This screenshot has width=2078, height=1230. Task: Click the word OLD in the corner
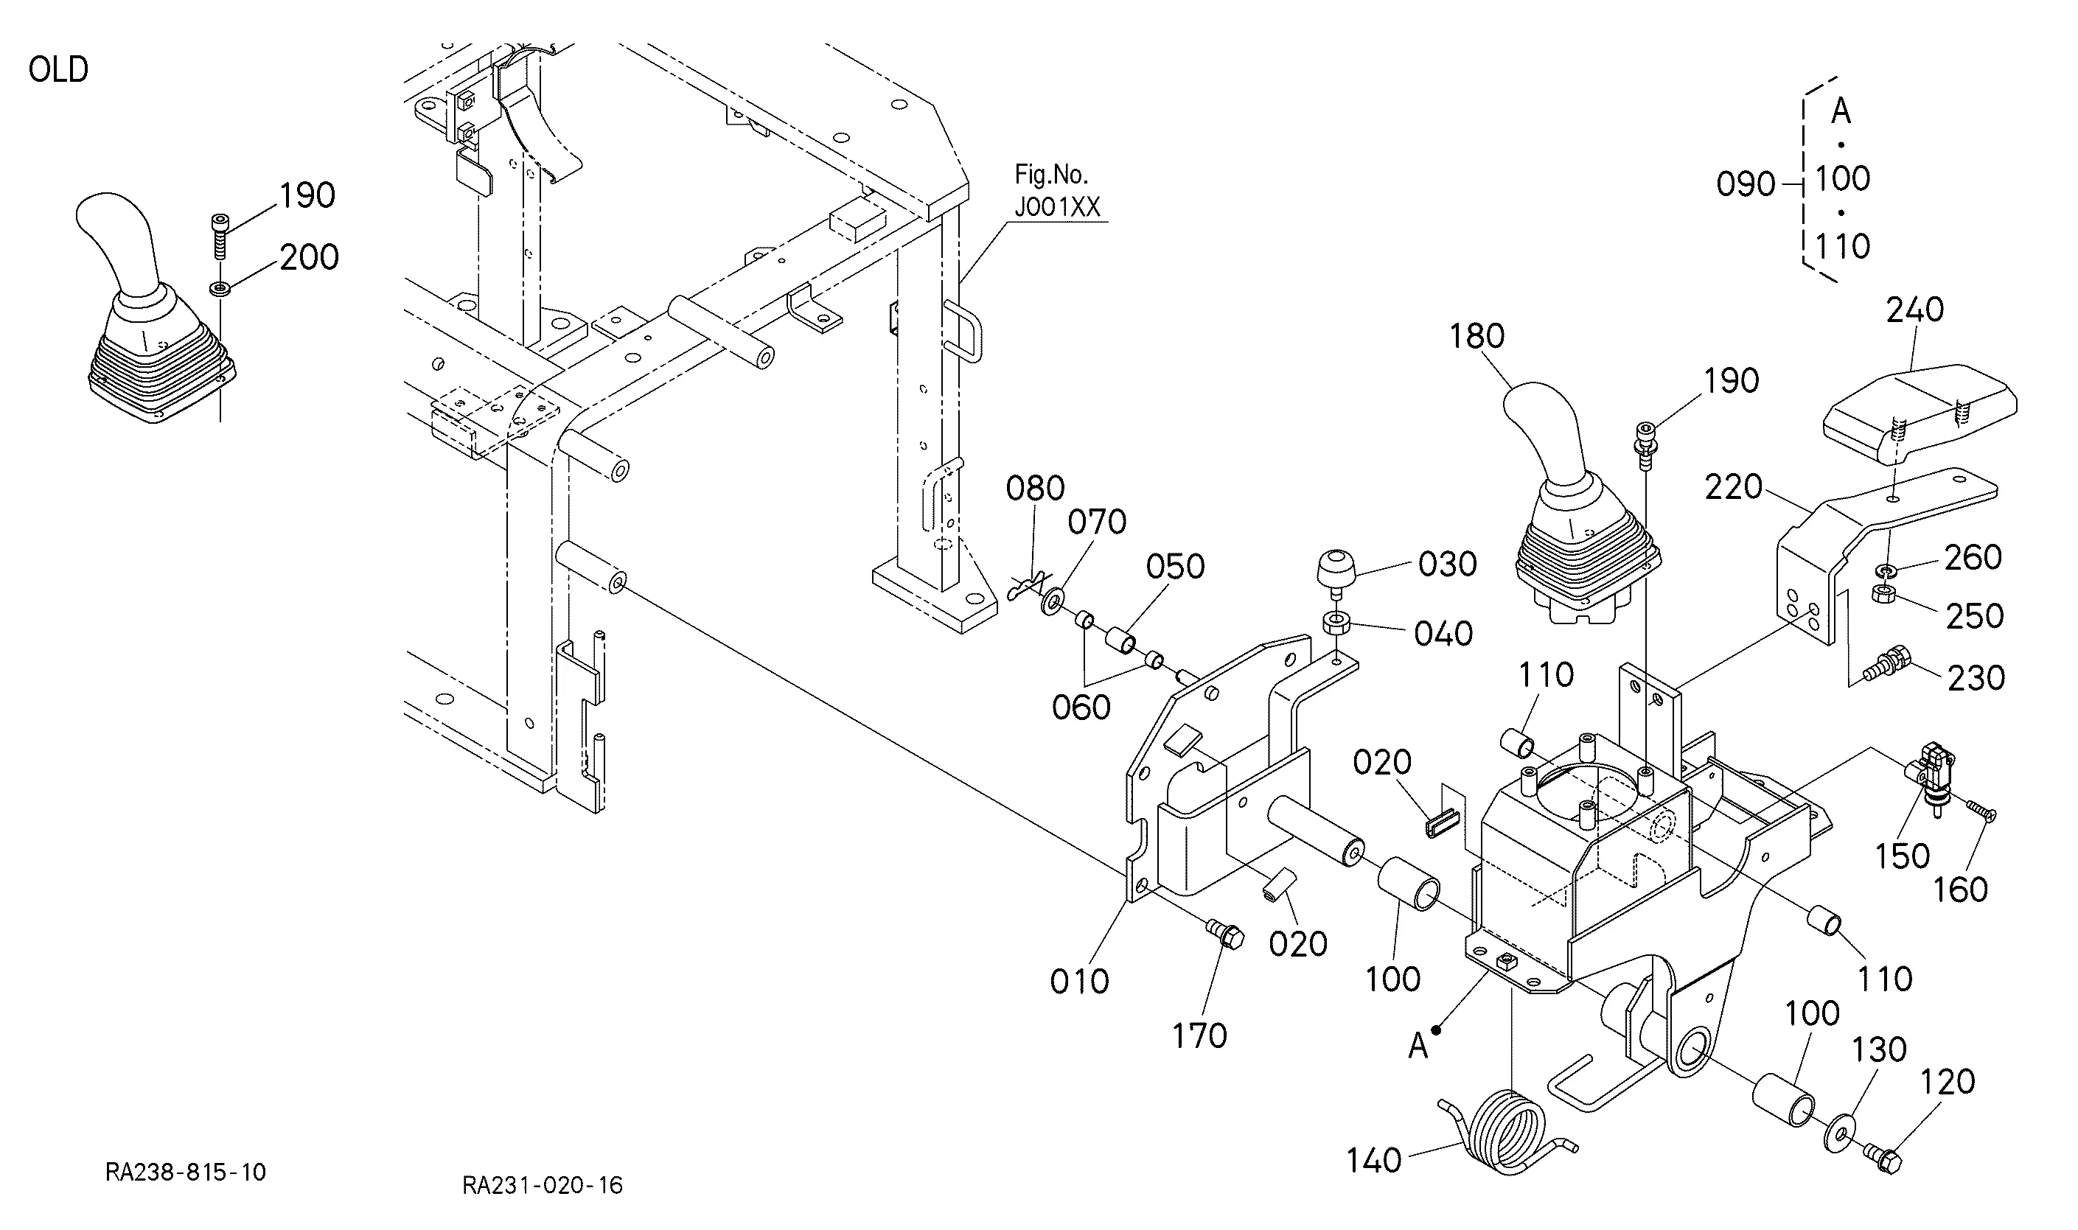[58, 69]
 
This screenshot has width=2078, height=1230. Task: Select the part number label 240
[1914, 310]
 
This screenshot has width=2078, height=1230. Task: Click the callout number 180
[1477, 337]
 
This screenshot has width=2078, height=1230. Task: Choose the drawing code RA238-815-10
[186, 1172]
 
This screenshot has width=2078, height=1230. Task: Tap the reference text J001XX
[1058, 206]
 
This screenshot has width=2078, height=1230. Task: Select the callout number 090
[1746, 184]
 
